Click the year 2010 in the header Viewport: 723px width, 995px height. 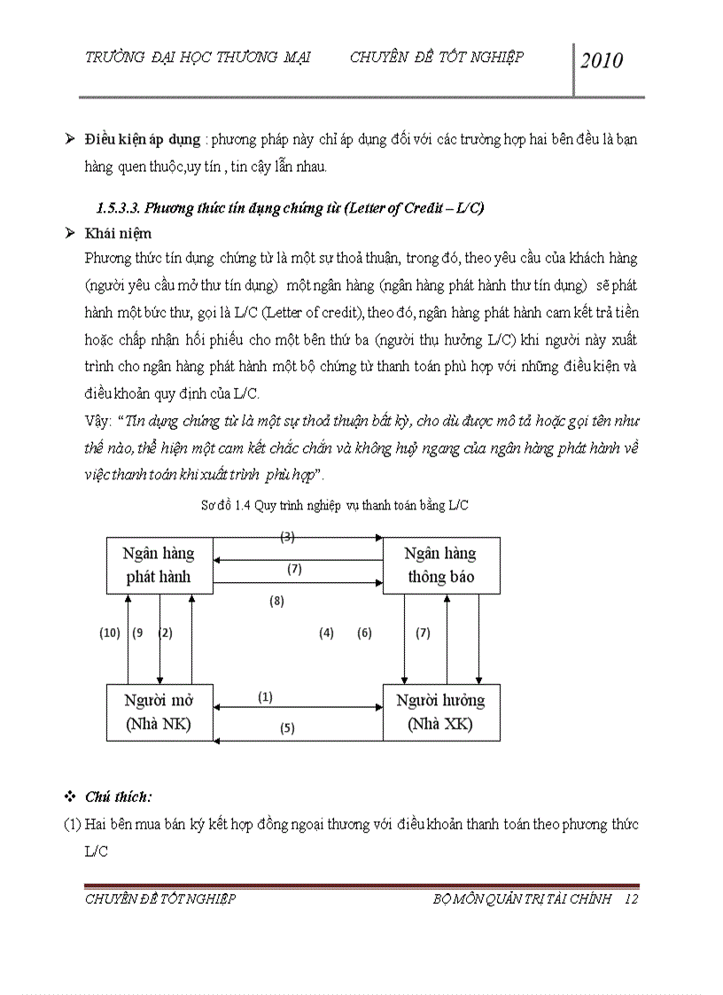pos(602,60)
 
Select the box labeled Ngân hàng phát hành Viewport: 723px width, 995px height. pos(159,565)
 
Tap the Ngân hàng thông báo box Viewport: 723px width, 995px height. pos(440,565)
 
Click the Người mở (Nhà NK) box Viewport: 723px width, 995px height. pos(159,712)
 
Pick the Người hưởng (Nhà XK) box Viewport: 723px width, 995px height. pos(440,712)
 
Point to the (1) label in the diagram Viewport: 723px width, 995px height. pos(265,697)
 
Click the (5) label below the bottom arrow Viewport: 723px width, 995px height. pos(287,728)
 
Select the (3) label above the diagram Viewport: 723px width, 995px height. pos(287,536)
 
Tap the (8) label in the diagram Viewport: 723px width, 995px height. pos(276,602)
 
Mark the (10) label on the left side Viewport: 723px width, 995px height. pos(109,633)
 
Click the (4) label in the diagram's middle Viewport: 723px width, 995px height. pos(326,633)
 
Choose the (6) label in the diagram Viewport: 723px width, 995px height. pos(364,633)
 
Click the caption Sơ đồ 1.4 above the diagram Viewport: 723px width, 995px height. pos(335,506)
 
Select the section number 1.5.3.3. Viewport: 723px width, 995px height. pos(119,208)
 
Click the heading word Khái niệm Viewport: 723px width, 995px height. pos(118,234)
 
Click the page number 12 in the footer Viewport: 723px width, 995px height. pos(631,899)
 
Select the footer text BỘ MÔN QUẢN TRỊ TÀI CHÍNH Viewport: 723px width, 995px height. pos(523,899)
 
